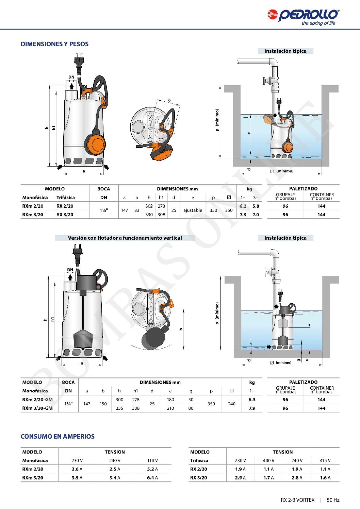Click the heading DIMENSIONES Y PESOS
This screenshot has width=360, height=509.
(54, 44)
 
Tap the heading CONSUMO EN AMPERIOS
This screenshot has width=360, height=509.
(58, 437)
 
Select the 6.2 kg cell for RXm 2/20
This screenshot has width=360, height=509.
(243, 206)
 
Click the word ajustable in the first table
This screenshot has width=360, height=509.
(193, 210)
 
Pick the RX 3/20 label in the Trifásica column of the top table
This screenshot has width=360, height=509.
(65, 215)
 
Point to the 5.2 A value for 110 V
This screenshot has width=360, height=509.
(152, 469)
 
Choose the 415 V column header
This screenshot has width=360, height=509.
(325, 461)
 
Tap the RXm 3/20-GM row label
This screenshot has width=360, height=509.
(37, 408)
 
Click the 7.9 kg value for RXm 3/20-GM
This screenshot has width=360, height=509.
(252, 408)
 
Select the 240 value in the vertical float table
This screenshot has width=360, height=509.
(231, 404)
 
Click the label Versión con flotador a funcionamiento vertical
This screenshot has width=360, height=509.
(125, 238)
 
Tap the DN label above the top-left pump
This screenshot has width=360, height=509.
(71, 77)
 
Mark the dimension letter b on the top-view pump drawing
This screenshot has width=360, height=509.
(169, 100)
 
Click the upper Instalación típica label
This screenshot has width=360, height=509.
(285, 51)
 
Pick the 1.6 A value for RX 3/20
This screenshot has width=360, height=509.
(325, 478)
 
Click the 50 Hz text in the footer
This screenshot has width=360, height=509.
(333, 500)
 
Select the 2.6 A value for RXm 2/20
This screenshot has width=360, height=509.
(77, 469)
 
